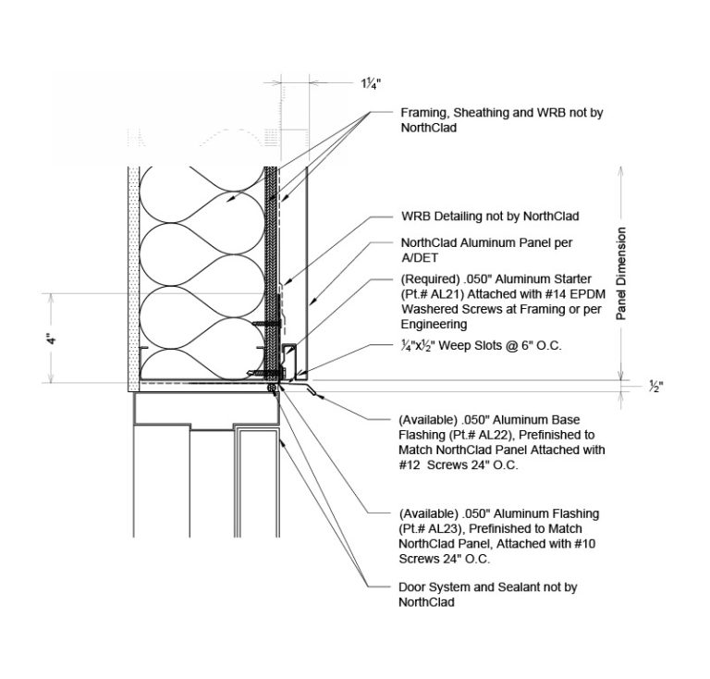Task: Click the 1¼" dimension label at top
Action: pyautogui.click(x=371, y=84)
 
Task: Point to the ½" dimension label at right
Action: pyautogui.click(x=656, y=387)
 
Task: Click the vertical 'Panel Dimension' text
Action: pyautogui.click(x=621, y=274)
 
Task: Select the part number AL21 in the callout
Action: pyautogui.click(x=448, y=294)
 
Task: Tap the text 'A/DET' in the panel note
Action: pyautogui.click(x=420, y=258)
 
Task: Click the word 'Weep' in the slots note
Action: pyautogui.click(x=454, y=346)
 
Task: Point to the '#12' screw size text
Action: pyautogui.click(x=409, y=465)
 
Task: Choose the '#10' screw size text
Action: pyautogui.click(x=585, y=544)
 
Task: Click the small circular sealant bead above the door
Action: pyautogui.click(x=272, y=388)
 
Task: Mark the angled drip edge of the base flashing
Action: pyautogui.click(x=312, y=390)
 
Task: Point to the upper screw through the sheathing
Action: pyautogui.click(x=267, y=324)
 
